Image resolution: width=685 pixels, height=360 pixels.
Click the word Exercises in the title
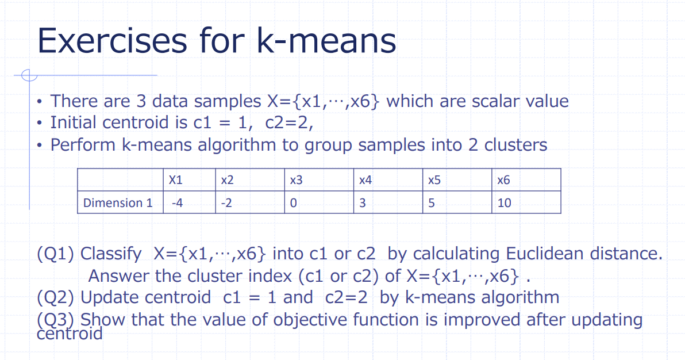pos(112,40)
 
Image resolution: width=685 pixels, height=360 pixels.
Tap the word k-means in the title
pos(326,40)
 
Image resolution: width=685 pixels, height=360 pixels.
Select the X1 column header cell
pos(189,180)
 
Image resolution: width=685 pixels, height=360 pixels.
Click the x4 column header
pos(388,180)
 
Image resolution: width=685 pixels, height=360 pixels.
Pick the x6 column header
pos(526,180)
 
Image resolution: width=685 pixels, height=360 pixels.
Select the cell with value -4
pos(189,202)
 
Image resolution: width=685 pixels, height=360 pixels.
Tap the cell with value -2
pos(250,202)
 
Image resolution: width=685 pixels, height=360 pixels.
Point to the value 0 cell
pos(319,202)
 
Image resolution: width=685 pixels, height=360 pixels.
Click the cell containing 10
pos(526,202)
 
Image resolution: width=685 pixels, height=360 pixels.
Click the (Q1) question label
pos(56,254)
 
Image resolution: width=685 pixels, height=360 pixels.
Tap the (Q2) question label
pos(56,297)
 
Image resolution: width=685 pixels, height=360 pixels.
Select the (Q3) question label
pos(56,320)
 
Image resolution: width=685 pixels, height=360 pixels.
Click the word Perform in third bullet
pos(83,145)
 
